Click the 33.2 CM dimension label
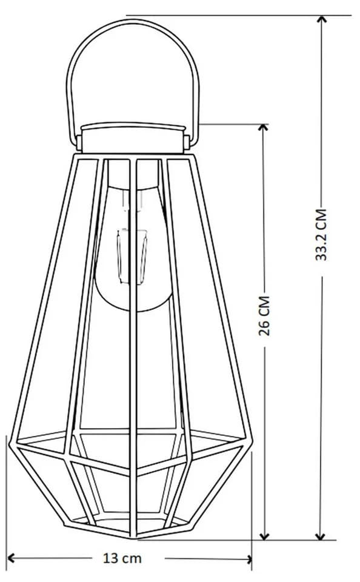point(321,235)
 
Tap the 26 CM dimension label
point(264,316)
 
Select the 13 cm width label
point(122,558)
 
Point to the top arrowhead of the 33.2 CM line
point(322,19)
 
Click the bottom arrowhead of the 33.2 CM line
point(320,537)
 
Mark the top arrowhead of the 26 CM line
point(263,127)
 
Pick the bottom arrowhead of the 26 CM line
point(264,537)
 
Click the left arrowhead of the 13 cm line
point(11,558)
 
